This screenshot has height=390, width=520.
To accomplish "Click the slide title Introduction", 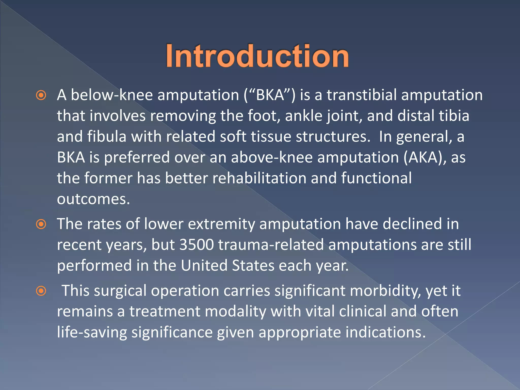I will (257, 56).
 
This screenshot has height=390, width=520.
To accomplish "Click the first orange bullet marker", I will (41, 95).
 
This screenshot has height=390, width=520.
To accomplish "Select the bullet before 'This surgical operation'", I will (41, 291).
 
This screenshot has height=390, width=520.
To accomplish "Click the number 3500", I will (197, 245).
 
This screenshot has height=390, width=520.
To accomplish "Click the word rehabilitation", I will (259, 178).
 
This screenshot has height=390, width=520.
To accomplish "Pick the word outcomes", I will (93, 199).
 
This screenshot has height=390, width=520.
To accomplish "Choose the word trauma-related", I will (271, 245).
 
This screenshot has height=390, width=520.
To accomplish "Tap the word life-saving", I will (92, 333).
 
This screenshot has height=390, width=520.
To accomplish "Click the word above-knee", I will (272, 157).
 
